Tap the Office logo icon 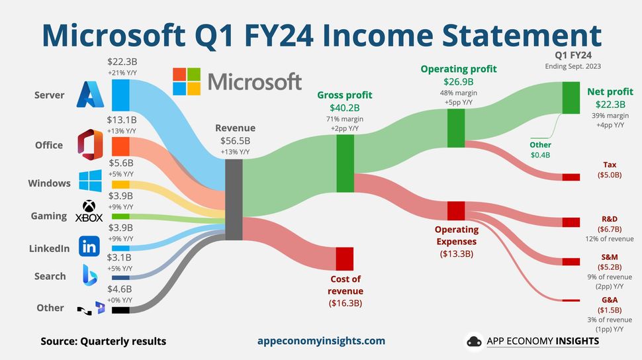89,145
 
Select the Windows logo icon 89,183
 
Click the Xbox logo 89,212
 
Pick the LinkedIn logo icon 89,247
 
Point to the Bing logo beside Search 90,275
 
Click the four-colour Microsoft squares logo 186,81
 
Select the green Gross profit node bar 345,163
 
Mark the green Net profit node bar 571,98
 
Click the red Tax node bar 571,177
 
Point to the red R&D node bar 571,222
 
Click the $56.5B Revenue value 235,141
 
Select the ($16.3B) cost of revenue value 345,303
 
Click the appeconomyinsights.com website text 321,341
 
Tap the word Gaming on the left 48,216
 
